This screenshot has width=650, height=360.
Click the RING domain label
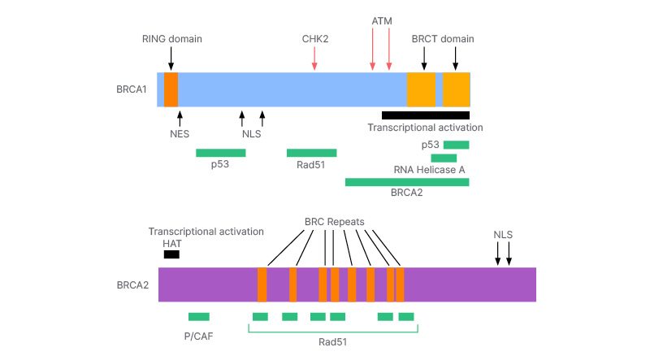[x=171, y=39]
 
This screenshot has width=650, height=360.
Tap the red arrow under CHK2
[x=314, y=59]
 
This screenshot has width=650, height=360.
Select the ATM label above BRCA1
[x=381, y=19]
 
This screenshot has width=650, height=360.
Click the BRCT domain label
[x=443, y=39]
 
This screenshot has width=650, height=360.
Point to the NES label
[x=179, y=134]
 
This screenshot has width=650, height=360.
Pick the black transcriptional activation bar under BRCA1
[x=425, y=115]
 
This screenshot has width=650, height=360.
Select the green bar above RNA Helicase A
[x=444, y=158]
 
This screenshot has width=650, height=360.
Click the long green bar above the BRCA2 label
[x=406, y=182]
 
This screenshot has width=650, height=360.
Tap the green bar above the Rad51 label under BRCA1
[x=311, y=152]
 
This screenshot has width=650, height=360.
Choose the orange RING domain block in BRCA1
[x=171, y=89]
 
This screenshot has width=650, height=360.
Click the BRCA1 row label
[x=132, y=89]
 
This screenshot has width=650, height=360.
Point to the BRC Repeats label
[x=334, y=221]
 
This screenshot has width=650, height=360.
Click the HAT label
[x=171, y=243]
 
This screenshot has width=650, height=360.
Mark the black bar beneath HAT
[x=171, y=254]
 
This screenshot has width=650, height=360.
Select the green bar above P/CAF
[x=198, y=316]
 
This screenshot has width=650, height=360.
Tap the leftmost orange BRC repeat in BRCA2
[x=262, y=284]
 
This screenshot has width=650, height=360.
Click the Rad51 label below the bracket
[x=332, y=342]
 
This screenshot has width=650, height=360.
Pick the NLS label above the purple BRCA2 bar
[x=504, y=235]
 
